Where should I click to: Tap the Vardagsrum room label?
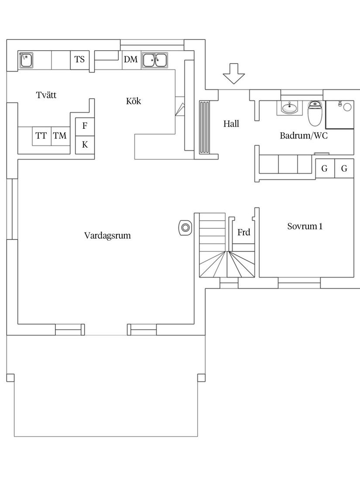[107, 236]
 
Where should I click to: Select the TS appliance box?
[80, 60]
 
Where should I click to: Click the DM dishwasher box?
[130, 60]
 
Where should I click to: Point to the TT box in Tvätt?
[41, 136]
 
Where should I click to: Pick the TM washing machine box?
[60, 136]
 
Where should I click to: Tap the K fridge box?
[85, 145]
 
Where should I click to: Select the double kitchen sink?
[154, 60]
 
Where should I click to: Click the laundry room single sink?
[26, 60]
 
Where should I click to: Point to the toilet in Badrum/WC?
[315, 113]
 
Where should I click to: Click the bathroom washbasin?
[289, 107]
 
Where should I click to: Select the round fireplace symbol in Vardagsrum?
[185, 227]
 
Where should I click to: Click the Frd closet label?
[243, 233]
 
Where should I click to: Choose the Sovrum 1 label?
[305, 227]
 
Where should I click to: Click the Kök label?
[134, 101]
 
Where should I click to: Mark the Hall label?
[231, 124]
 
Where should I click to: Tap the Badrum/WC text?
[304, 136]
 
